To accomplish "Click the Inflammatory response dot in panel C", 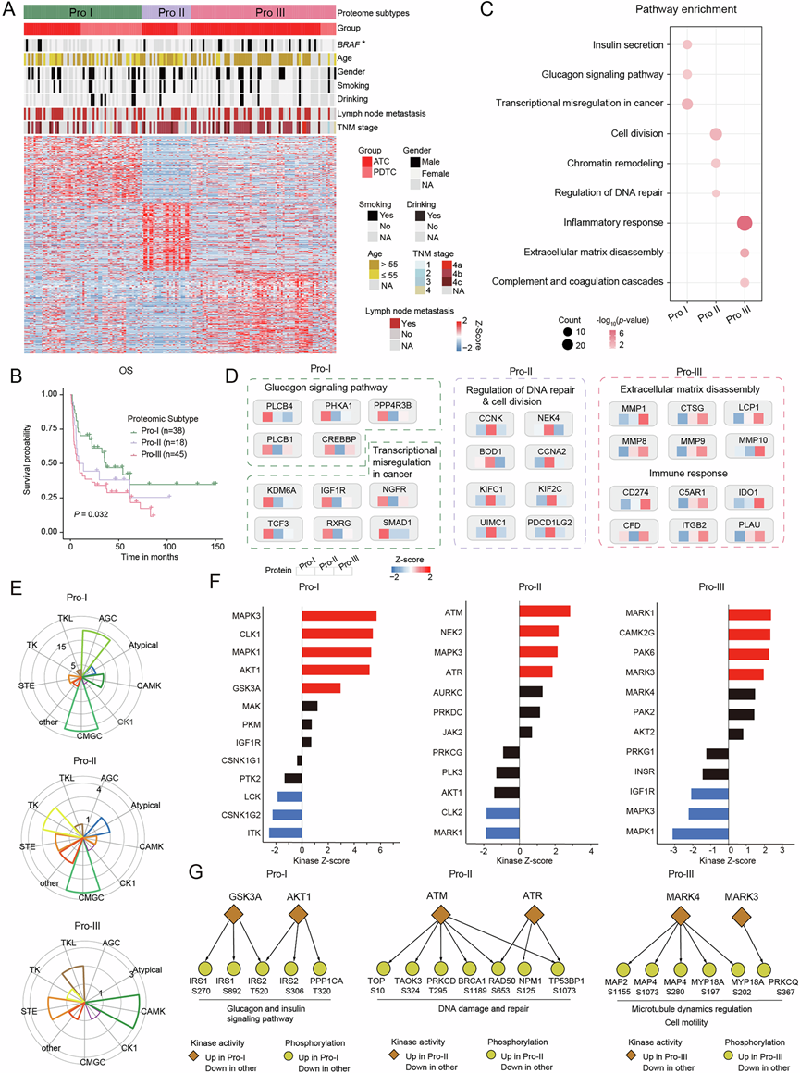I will pos(744,223).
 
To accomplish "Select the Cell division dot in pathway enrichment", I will pos(716,134).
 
